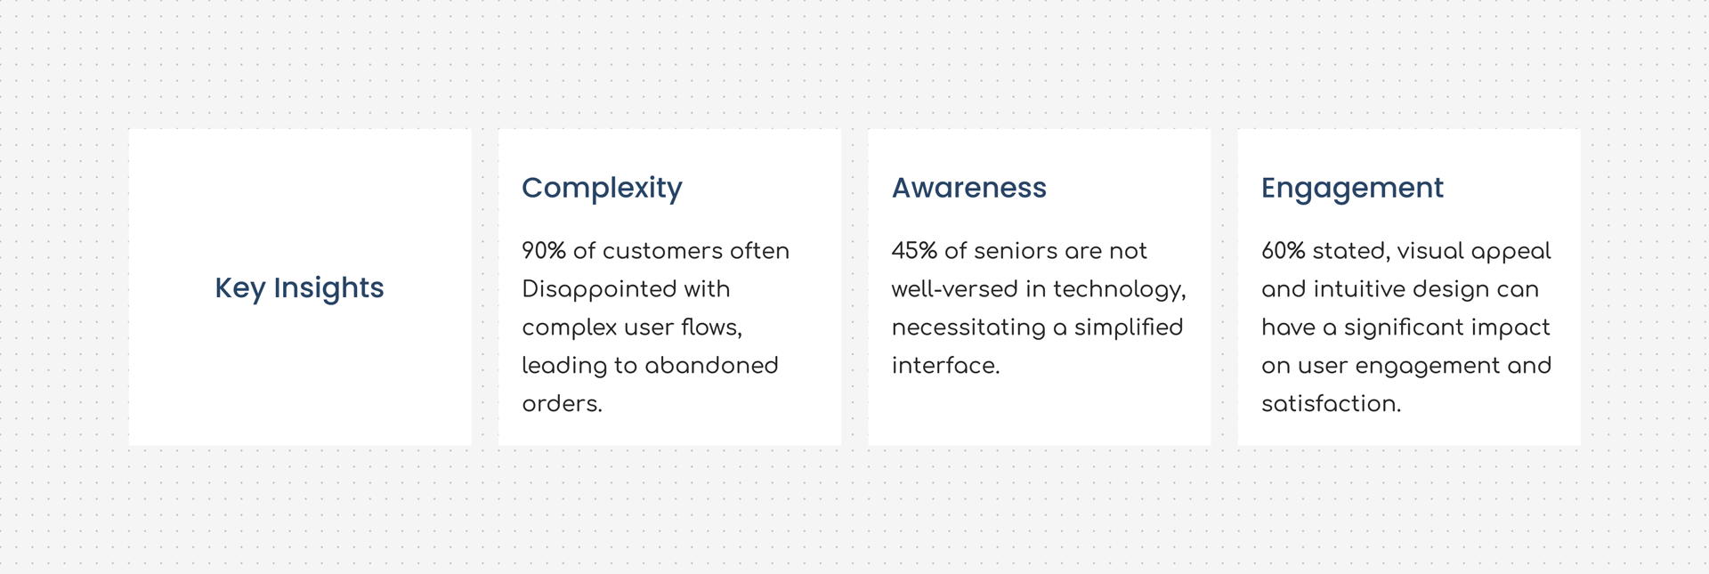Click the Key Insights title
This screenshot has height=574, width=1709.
[x=299, y=288]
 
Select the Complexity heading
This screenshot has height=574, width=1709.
[x=602, y=189]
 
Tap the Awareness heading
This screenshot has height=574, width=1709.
[x=969, y=188]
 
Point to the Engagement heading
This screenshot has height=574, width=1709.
[x=1352, y=189]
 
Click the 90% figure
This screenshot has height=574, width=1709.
[x=544, y=251]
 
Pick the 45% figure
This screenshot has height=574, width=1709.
[x=914, y=251]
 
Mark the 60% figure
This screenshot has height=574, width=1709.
[x=1284, y=251]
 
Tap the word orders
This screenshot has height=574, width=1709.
[x=562, y=404]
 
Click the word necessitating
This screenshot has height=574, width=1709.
[x=968, y=328]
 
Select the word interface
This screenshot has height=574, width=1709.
[x=945, y=366]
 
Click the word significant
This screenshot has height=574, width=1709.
[x=1403, y=328]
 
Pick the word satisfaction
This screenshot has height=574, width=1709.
[x=1331, y=404]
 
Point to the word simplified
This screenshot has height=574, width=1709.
[x=1129, y=328]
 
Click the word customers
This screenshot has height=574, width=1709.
[x=662, y=251]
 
